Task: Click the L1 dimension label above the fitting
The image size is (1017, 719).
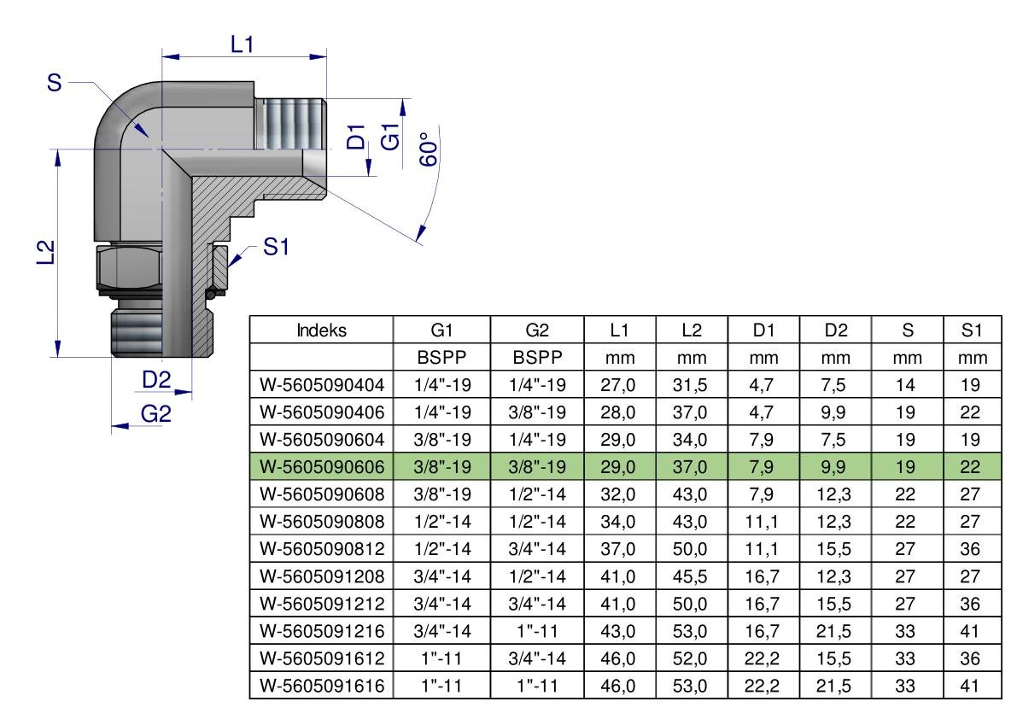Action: [x=242, y=44]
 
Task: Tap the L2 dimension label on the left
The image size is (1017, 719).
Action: [x=44, y=252]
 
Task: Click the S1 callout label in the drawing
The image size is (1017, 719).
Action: [x=276, y=247]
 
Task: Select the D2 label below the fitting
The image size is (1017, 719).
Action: [x=156, y=380]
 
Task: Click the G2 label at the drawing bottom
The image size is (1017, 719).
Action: [x=155, y=413]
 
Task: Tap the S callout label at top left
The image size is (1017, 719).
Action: [x=55, y=82]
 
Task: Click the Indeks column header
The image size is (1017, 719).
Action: [x=321, y=330]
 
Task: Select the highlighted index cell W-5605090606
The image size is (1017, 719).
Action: [x=322, y=467]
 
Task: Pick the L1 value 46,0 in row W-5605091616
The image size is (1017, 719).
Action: [x=617, y=686]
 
